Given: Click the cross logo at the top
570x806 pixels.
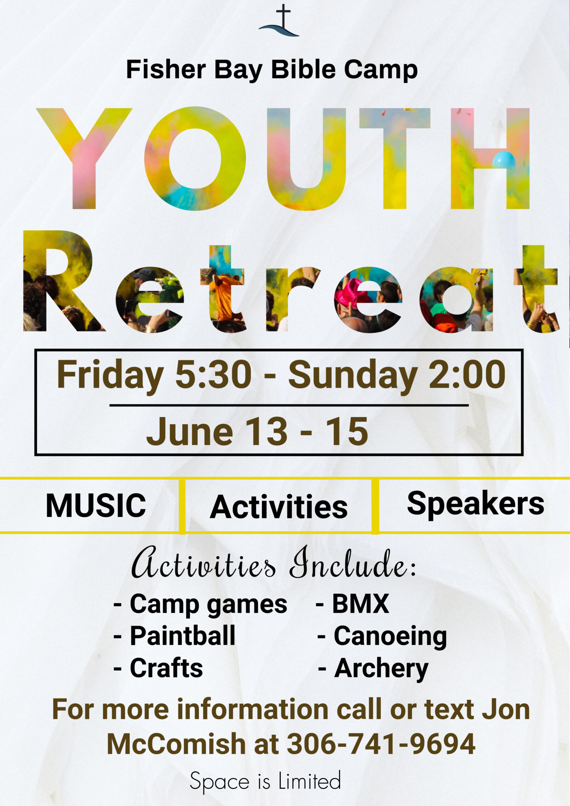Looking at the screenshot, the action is [x=279, y=21].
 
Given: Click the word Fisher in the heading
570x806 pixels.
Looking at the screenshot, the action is [x=166, y=70].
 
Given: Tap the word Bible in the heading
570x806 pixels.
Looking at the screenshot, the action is [x=303, y=69].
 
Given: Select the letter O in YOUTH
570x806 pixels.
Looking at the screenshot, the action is [x=195, y=158].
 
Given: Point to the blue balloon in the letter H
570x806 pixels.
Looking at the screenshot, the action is [x=504, y=160].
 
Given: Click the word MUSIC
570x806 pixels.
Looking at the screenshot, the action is [x=96, y=506].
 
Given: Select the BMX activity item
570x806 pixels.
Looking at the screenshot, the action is [x=352, y=604].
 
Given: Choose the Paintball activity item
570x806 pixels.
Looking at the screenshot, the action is [x=174, y=636].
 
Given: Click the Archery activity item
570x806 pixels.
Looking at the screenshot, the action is [x=373, y=669].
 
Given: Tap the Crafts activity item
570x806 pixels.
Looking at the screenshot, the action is [x=158, y=668].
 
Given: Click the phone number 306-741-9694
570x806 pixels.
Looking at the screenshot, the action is [x=381, y=744].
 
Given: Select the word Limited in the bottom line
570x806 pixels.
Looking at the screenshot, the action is [x=309, y=781].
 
